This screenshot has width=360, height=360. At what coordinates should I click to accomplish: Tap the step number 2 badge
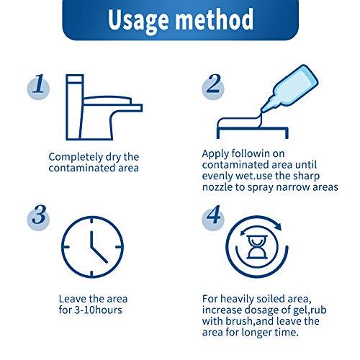pos(212,88)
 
